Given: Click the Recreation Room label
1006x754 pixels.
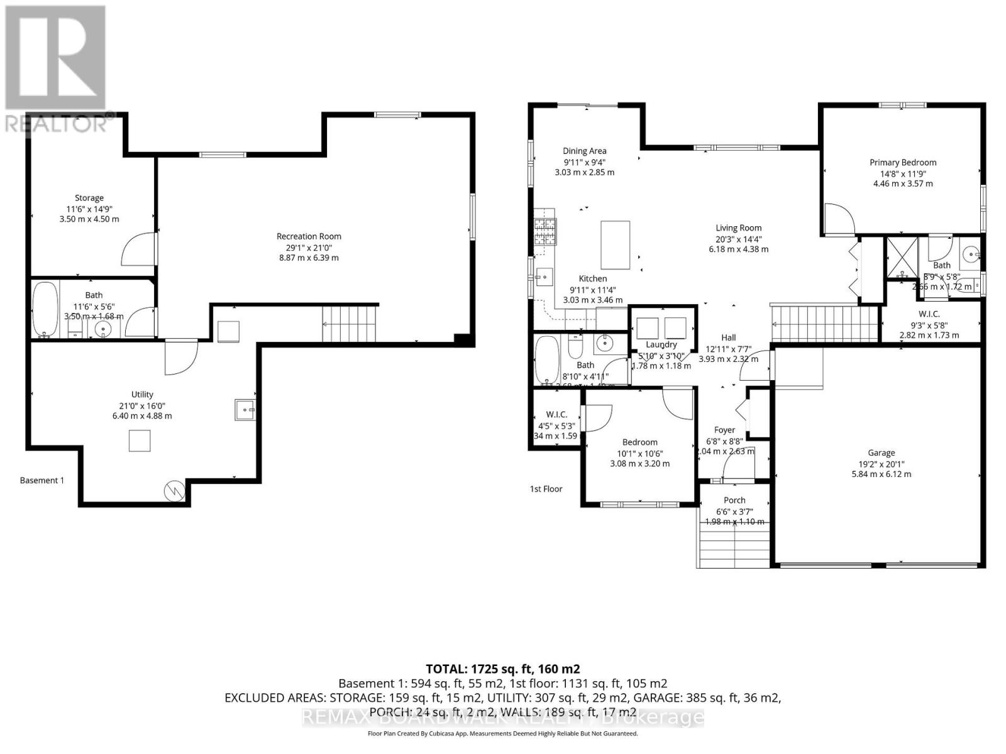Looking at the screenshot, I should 309,236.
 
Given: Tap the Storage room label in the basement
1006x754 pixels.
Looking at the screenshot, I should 89,198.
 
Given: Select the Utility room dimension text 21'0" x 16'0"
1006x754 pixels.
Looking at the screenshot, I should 142,405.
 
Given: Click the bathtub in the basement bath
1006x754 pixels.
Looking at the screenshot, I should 45,310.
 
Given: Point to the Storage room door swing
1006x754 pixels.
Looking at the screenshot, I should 138,249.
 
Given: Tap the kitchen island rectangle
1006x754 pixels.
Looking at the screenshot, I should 615,244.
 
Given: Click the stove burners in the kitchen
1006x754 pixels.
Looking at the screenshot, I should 544,231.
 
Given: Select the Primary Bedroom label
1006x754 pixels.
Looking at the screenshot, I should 903,162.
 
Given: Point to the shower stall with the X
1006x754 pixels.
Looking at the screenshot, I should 902,258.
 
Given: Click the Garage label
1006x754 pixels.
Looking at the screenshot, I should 881,452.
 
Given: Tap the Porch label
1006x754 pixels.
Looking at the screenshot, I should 734,500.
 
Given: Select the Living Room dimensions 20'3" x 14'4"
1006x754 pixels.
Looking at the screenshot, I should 738,239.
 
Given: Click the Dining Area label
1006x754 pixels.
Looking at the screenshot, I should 584,151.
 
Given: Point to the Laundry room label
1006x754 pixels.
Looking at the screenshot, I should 661,344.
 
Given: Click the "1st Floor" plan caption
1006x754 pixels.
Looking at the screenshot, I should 546,489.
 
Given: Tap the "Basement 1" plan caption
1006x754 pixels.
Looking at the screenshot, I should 42,480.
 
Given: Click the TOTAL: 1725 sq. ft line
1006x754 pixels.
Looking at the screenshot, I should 502,669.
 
